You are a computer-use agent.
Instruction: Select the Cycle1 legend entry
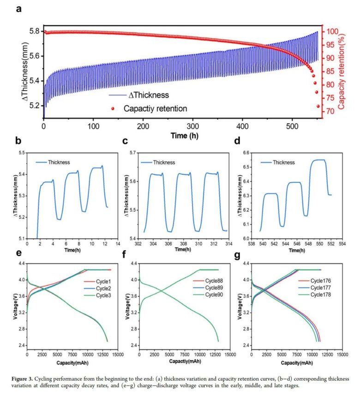click(96, 281)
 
